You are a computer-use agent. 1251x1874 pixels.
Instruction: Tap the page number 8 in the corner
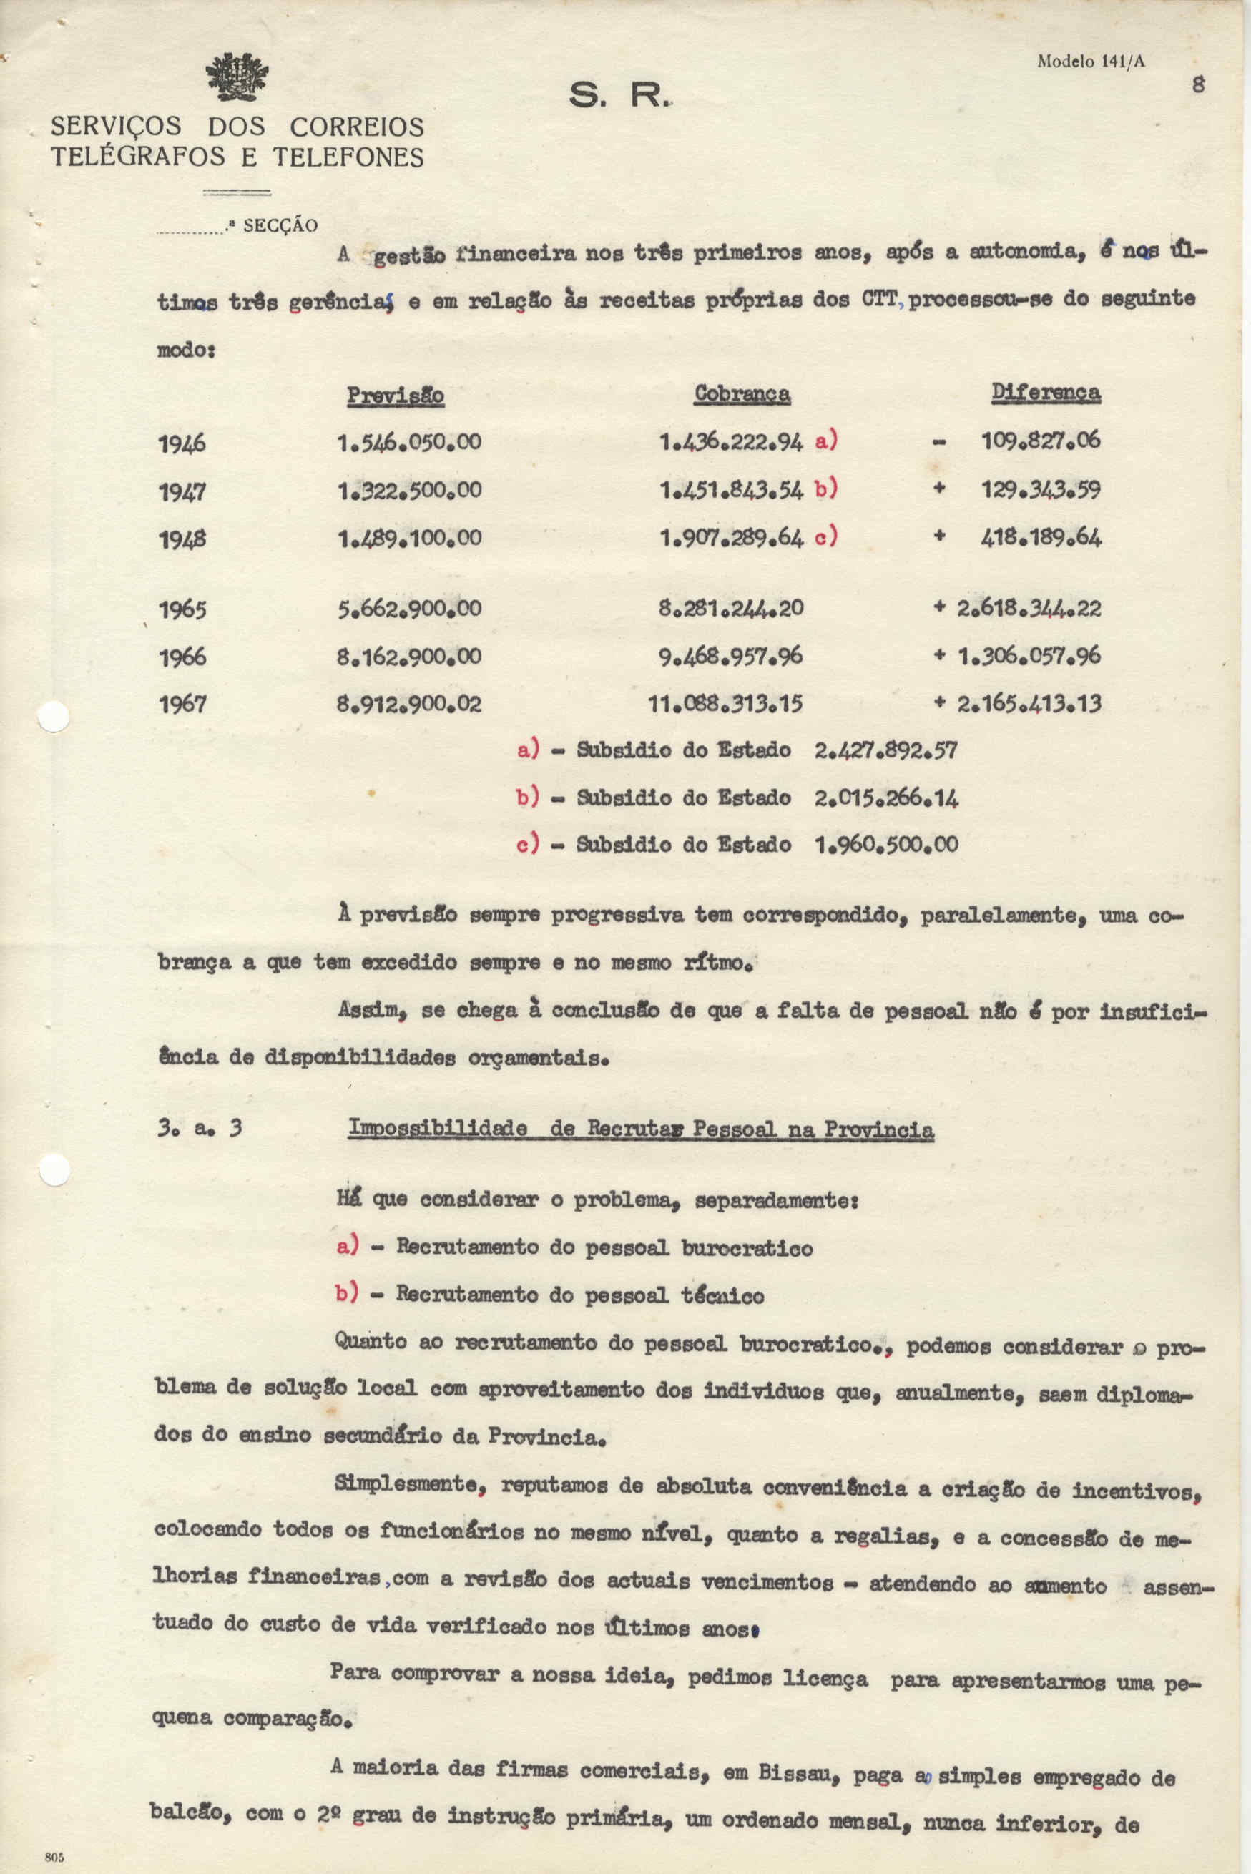pos(1197,84)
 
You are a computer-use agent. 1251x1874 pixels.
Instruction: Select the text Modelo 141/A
pos(1091,62)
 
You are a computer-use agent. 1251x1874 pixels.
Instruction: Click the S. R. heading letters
pos(615,97)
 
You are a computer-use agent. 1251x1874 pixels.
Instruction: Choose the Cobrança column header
pos(742,393)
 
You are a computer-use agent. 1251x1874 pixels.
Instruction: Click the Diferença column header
pos(1045,392)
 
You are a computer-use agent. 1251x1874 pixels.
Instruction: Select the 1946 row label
pos(182,443)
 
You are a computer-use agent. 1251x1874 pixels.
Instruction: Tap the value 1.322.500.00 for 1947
pos(409,490)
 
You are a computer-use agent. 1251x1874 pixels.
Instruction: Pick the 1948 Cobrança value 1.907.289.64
pos(731,537)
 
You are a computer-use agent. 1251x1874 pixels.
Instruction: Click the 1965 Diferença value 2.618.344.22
pos(1029,609)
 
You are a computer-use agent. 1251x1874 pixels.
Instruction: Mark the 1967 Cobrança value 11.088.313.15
pos(725,704)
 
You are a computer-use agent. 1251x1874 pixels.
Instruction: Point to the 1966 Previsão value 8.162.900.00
pos(409,657)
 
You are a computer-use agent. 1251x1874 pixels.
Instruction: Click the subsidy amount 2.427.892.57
pos(885,750)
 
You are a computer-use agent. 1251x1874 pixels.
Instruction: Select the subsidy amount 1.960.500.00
pos(885,844)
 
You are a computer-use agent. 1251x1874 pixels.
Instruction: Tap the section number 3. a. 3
pos(200,1129)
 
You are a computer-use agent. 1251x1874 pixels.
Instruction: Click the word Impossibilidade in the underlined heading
pos(437,1129)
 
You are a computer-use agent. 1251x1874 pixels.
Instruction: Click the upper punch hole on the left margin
pos(54,717)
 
